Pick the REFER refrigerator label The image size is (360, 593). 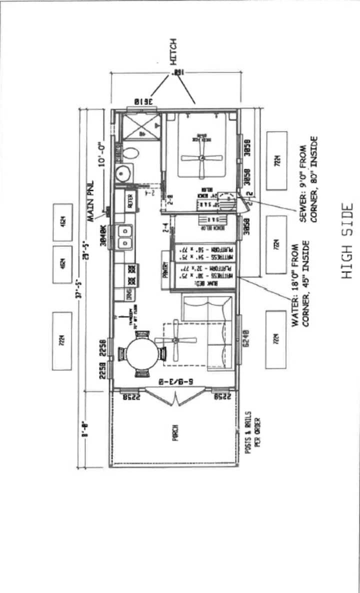pos(131,200)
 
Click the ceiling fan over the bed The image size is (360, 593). pos(202,158)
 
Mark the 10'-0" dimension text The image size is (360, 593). pos(101,152)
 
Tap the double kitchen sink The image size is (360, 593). pos(124,236)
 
